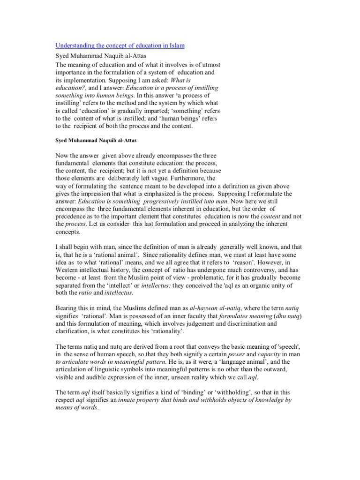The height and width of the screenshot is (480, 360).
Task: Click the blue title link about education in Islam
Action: click(120, 45)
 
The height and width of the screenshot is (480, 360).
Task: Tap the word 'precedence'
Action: click(74, 217)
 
